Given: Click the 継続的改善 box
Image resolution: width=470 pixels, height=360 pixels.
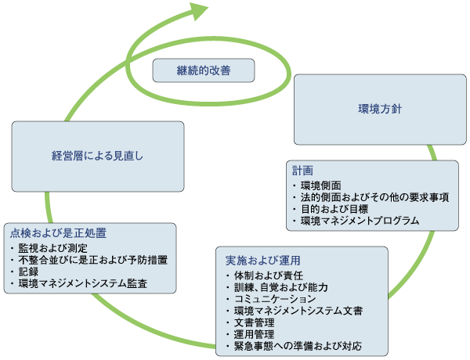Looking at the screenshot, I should (204, 70).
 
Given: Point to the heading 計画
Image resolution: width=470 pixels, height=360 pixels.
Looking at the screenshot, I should (302, 171).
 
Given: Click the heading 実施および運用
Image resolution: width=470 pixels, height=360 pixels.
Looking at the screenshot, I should (252, 260).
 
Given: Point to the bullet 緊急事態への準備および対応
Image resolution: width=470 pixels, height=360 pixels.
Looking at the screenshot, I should (298, 346).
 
